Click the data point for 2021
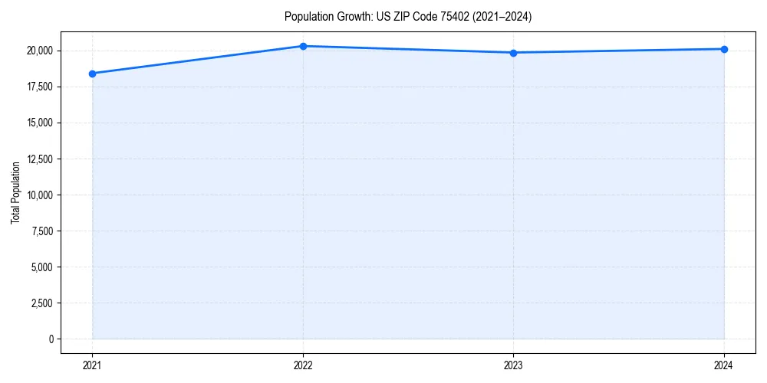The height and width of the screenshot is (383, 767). (92, 74)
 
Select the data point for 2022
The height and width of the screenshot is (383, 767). (303, 46)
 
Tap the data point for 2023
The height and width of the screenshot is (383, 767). (513, 53)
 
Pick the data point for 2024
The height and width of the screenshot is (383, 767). (724, 49)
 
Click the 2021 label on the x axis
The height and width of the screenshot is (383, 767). (92, 365)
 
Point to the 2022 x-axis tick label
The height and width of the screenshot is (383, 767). (303, 365)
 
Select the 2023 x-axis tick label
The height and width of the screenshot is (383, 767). (513, 365)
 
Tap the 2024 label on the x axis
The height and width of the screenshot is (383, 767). (724, 365)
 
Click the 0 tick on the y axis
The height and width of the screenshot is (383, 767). (51, 339)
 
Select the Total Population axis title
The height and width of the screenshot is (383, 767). (15, 192)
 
